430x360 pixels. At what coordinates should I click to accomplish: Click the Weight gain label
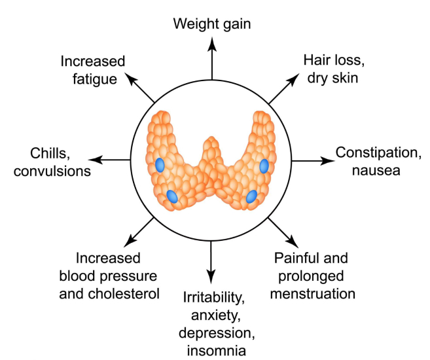pyautogui.click(x=211, y=24)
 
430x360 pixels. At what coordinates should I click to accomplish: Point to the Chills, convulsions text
pyautogui.click(x=50, y=164)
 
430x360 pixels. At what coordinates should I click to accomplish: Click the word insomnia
pyautogui.click(x=215, y=350)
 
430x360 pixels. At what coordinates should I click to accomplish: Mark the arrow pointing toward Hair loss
pyautogui.click(x=282, y=89)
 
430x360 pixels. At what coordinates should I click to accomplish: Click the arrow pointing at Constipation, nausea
pyautogui.click(x=312, y=159)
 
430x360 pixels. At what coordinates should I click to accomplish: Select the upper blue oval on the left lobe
pyautogui.click(x=160, y=165)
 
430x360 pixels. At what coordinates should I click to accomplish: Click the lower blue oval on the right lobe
pyautogui.click(x=251, y=196)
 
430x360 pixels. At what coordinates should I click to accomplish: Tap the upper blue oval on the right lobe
pyautogui.click(x=264, y=165)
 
